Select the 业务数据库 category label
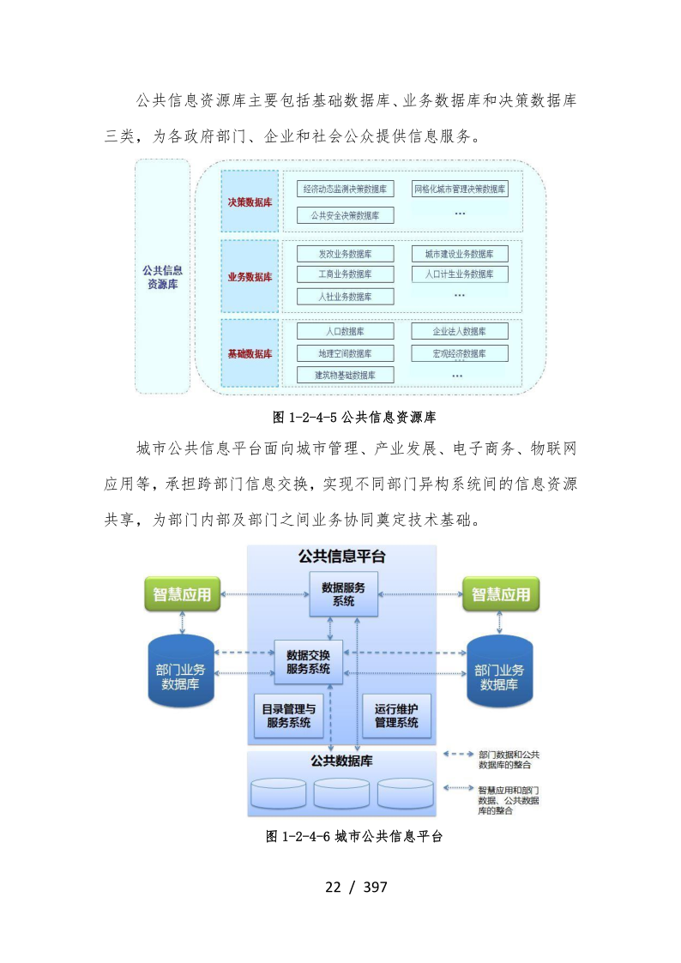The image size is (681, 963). click(250, 276)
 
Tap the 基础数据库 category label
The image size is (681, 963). click(250, 353)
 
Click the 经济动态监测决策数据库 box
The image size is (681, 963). click(346, 189)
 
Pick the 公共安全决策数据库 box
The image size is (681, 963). click(346, 215)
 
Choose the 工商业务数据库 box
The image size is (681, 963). click(345, 274)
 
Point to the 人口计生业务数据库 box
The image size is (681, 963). click(459, 274)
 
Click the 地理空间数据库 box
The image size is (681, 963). click(345, 353)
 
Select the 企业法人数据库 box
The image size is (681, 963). click(459, 331)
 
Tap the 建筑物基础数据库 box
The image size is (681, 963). click(345, 375)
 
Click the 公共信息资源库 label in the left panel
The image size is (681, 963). click(162, 276)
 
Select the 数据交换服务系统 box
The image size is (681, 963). click(308, 662)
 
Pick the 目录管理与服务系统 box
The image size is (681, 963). click(288, 715)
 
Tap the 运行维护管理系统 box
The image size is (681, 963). click(396, 715)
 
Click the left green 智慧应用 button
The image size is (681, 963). click(182, 594)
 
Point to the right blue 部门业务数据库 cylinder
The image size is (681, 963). click(499, 672)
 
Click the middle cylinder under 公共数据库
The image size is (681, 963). click(341, 794)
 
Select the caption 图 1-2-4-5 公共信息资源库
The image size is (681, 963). click(354, 418)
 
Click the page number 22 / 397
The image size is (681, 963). click(356, 887)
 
